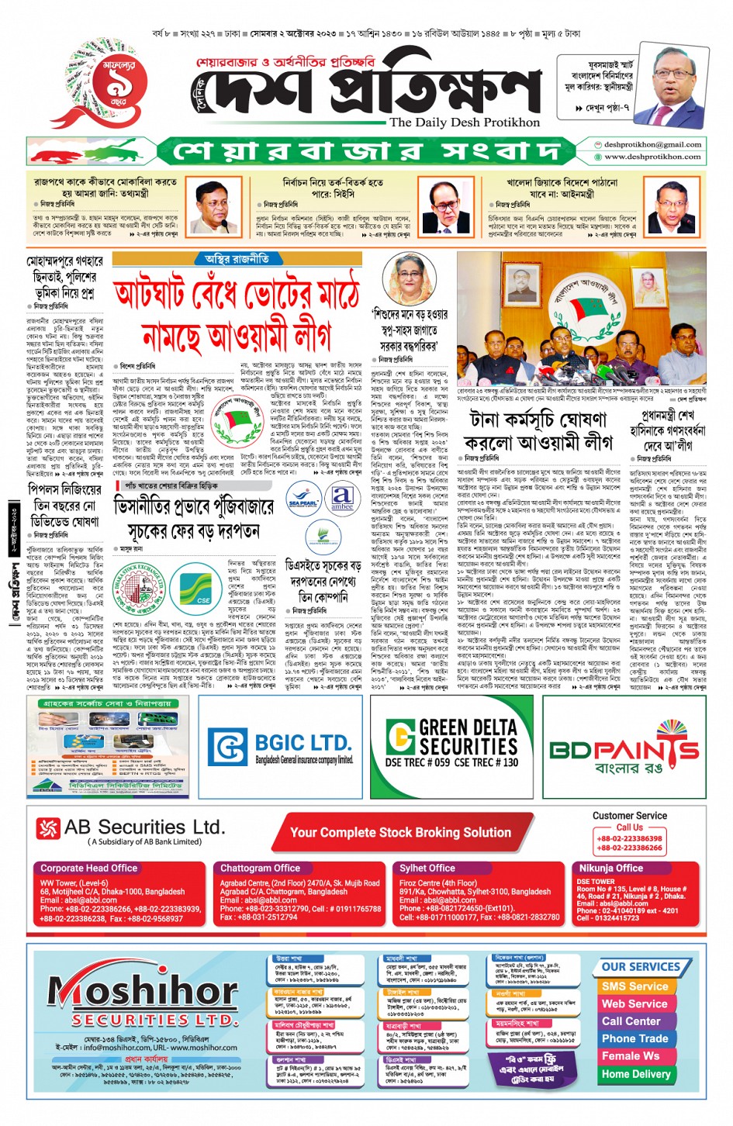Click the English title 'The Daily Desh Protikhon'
coord(465,122)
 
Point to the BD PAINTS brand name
coord(624,750)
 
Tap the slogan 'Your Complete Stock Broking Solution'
coord(400,833)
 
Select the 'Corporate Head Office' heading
coord(88,868)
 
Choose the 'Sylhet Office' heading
coord(427,868)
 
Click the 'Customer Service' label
coord(629,816)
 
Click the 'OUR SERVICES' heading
coord(641,967)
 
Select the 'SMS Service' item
coord(634,986)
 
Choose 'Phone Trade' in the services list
coord(634,1038)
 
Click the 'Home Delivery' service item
coord(636,1074)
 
